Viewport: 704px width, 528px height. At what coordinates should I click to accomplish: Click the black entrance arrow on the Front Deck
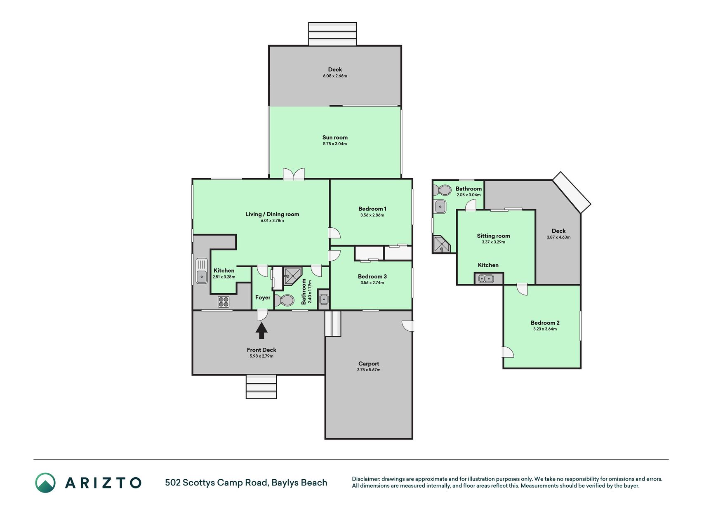[261, 330]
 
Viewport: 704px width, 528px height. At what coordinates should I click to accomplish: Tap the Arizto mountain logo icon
[45, 483]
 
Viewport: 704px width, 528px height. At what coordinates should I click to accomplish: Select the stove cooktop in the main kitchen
[224, 302]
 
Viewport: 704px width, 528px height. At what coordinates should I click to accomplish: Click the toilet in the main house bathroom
[284, 300]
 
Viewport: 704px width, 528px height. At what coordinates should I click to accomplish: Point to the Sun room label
[335, 138]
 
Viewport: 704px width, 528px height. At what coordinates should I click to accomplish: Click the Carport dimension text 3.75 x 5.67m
[369, 370]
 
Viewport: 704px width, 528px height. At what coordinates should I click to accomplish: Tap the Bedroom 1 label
[372, 209]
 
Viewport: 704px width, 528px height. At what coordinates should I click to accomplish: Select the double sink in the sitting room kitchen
[486, 278]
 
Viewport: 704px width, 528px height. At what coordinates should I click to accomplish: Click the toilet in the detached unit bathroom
[442, 190]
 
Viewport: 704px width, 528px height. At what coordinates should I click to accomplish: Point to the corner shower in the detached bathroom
[442, 244]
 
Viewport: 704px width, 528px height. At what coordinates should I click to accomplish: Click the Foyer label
[263, 297]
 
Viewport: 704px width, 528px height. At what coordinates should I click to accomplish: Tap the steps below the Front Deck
[261, 387]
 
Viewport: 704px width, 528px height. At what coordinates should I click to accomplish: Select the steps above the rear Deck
[332, 34]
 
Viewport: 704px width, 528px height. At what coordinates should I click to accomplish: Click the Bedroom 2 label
[545, 323]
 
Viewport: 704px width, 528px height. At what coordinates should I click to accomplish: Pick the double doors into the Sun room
[294, 174]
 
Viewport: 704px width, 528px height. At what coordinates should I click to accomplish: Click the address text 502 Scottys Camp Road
[216, 483]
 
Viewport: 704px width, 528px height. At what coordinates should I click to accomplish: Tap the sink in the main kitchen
[202, 271]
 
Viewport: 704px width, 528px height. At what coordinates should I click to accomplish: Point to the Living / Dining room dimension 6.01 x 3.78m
[272, 221]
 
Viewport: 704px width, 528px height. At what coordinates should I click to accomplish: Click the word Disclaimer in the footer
[366, 479]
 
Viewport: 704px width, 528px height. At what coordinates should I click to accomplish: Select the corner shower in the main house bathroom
[293, 276]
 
